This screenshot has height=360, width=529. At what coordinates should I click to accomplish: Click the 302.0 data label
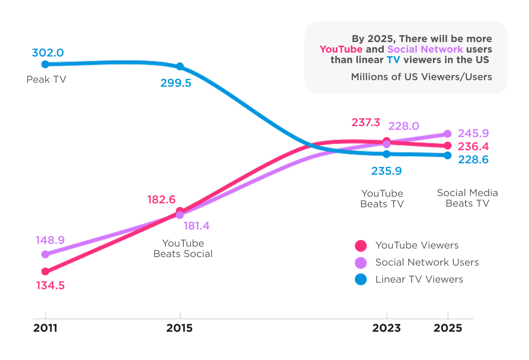pos(48,53)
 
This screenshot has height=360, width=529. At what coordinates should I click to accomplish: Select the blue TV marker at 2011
pos(46,64)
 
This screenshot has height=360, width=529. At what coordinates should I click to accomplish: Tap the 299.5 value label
pos(175,83)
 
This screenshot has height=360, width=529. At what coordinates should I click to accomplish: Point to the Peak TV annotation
pos(46,80)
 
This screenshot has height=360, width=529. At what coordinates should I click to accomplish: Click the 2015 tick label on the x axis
pos(179,328)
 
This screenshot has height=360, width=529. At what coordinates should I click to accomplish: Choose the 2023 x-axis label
pos(386,328)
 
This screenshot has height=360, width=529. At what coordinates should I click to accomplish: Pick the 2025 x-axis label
pos(448,328)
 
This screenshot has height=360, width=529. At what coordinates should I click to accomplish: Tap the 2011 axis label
pos(46,328)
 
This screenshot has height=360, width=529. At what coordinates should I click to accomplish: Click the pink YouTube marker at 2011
pos(46,272)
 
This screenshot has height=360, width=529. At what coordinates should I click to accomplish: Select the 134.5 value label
pos(50,286)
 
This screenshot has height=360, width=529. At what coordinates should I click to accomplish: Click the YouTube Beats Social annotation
pos(183,248)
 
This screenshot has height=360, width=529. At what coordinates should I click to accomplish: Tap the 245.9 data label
pos(473,133)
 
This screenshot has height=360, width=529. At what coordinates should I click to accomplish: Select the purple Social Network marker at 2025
pos(447,134)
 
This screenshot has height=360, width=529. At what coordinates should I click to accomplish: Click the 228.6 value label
pos(473,160)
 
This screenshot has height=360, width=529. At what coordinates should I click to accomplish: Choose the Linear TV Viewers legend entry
pos(419,279)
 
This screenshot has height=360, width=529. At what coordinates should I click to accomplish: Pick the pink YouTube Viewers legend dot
pos(361,246)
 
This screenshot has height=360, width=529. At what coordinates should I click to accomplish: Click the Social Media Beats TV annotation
pos(467,198)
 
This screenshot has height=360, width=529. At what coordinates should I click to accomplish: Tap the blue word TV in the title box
pos(393,60)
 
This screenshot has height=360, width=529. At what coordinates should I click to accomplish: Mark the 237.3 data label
pos(366,123)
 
